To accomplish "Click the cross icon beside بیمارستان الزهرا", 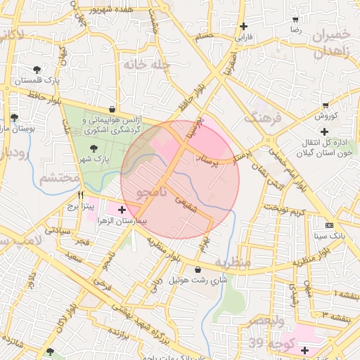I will click(122, 210).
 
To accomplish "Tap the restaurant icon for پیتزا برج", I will click(80, 196).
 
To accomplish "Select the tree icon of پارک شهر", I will click(94, 148).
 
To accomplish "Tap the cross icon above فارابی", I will click(243, 26).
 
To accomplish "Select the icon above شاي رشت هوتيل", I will click(197, 269).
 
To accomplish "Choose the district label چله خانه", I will click(148, 65).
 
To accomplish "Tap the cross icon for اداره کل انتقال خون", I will click(324, 131).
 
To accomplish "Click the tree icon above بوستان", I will click(15, 117).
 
